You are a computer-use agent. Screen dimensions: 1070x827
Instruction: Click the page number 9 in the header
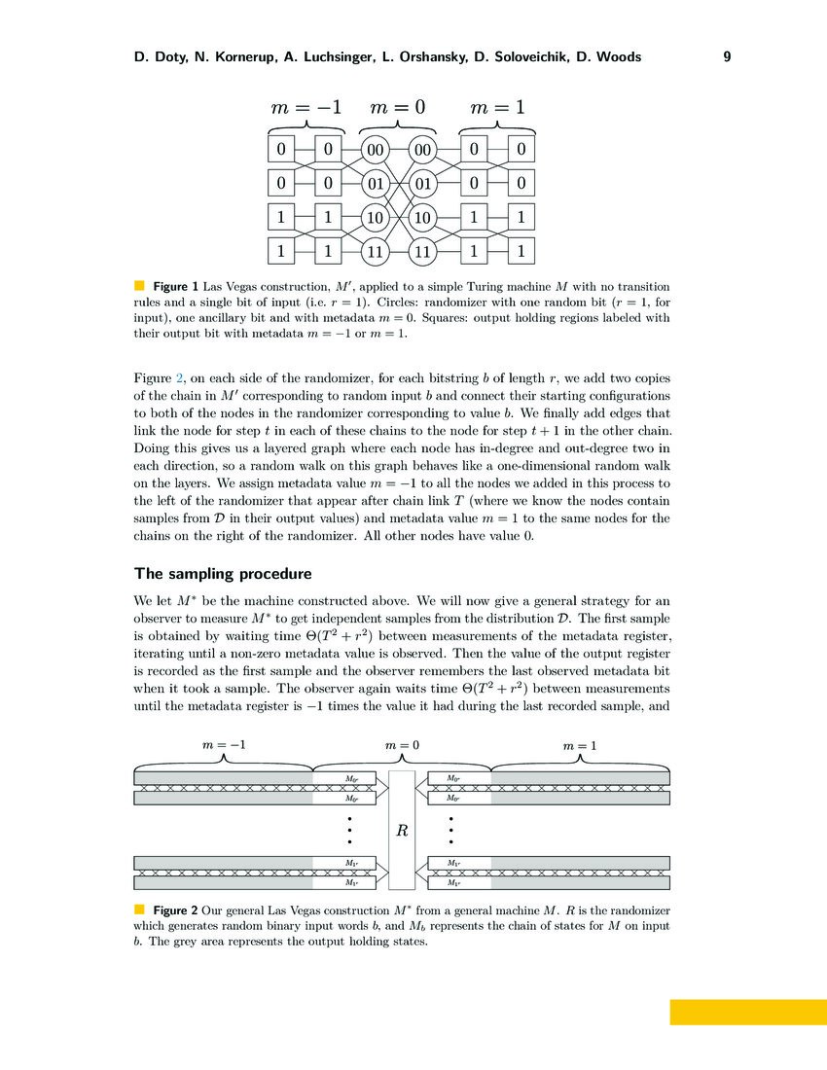[727, 57]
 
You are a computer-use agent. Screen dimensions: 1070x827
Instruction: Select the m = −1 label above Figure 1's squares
[305, 107]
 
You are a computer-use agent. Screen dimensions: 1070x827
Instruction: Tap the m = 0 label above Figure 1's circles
[398, 107]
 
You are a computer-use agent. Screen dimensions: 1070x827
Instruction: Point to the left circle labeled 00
[375, 150]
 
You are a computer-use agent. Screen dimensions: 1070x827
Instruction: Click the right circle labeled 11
[422, 252]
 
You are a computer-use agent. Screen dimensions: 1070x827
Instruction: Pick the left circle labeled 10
[375, 218]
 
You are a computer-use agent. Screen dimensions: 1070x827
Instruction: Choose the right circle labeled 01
[422, 184]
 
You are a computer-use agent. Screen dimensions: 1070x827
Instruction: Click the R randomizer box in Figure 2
[401, 831]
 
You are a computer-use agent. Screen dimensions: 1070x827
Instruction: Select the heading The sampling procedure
[223, 573]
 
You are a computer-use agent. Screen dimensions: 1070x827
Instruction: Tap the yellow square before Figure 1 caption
[138, 286]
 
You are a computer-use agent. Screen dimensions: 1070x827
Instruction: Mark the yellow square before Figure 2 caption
[138, 909]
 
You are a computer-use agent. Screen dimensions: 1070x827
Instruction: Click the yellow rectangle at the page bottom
[747, 1012]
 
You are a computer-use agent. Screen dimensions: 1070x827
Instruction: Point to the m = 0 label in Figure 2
[401, 745]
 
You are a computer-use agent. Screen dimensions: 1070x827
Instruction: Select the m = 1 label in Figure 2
[581, 745]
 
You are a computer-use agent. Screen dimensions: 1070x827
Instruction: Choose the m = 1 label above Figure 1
[497, 107]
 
